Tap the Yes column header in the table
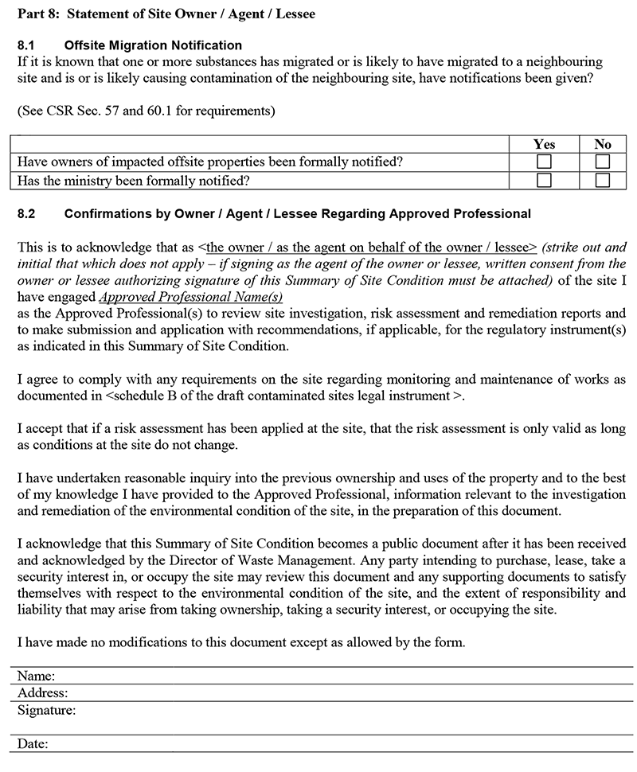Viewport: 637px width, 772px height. [x=544, y=144]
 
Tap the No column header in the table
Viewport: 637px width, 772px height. [x=603, y=144]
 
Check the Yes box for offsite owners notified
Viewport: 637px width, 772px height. [x=544, y=162]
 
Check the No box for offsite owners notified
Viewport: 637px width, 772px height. [x=603, y=162]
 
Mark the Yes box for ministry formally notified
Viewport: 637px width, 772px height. [x=544, y=180]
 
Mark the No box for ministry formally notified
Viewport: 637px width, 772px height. [x=603, y=180]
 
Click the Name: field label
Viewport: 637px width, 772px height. [x=36, y=676]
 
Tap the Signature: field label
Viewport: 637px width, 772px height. [x=46, y=709]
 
